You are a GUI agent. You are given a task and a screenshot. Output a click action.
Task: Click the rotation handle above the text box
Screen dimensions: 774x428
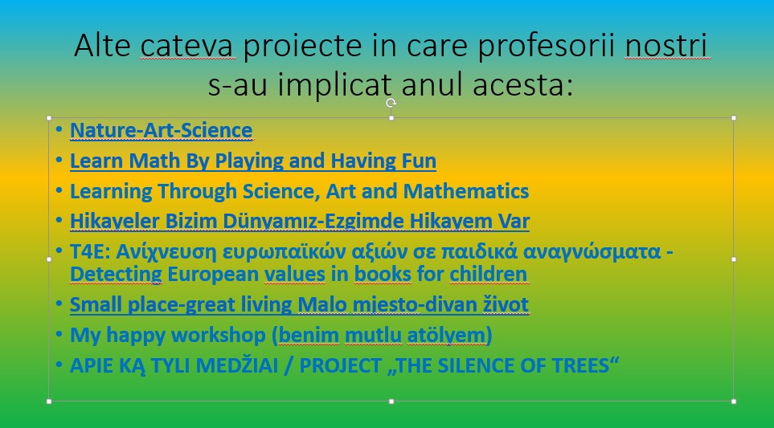click(x=391, y=103)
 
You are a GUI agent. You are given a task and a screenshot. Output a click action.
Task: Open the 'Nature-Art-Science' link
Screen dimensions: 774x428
click(x=161, y=131)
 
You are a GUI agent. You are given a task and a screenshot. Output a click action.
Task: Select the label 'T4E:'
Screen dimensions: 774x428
click(x=90, y=251)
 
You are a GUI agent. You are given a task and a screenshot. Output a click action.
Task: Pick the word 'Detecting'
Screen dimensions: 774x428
click(x=116, y=275)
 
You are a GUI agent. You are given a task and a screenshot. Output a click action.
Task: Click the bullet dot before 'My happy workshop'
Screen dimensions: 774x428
click(x=59, y=335)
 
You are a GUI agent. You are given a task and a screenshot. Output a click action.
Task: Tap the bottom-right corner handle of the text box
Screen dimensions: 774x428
click(x=734, y=402)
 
